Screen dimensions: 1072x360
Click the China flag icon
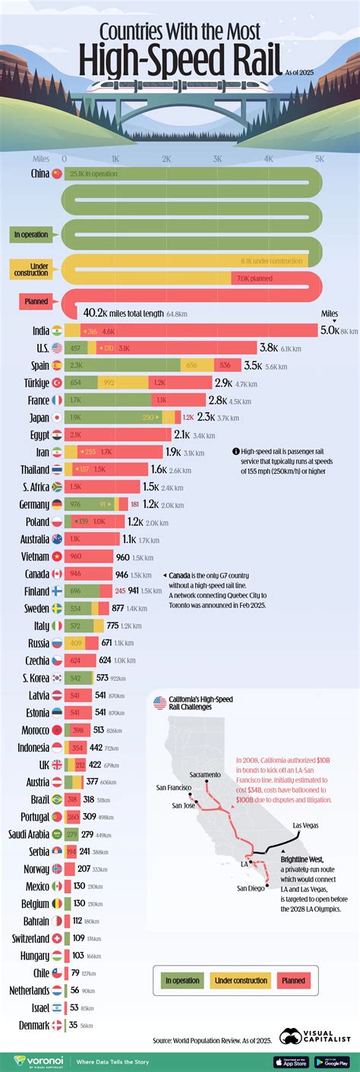tap(56, 173)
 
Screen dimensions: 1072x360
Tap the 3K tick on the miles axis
tap(217, 159)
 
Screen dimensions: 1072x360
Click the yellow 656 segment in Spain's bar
tap(191, 365)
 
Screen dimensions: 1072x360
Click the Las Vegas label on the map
tap(308, 824)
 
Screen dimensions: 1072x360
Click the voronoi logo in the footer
tap(33, 1060)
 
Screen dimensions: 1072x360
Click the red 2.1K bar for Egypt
tap(118, 434)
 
